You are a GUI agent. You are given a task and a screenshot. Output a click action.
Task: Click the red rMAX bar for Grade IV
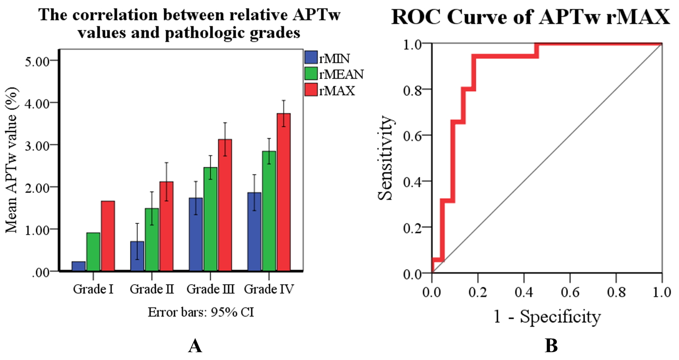(284, 192)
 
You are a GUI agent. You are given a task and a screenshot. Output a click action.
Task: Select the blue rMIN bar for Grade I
(79, 266)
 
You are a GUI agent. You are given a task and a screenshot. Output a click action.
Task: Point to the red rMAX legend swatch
(311, 91)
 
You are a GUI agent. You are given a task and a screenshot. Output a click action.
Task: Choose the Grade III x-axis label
(211, 290)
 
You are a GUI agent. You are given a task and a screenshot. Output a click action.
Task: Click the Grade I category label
(93, 290)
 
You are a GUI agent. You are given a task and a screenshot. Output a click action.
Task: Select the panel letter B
(551, 347)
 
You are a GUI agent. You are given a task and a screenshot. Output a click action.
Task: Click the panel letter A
(195, 347)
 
